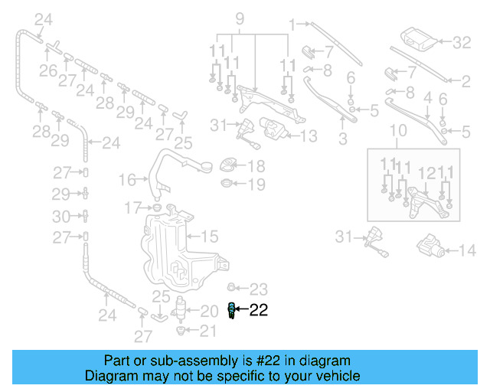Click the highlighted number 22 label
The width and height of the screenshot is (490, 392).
click(259, 310)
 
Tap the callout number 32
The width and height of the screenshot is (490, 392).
click(462, 42)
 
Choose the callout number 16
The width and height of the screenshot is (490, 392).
click(127, 180)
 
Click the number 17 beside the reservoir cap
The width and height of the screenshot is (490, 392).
click(132, 207)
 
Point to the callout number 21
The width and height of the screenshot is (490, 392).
click(208, 331)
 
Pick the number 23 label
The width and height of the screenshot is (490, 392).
click(260, 289)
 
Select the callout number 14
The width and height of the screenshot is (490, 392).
click(466, 250)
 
